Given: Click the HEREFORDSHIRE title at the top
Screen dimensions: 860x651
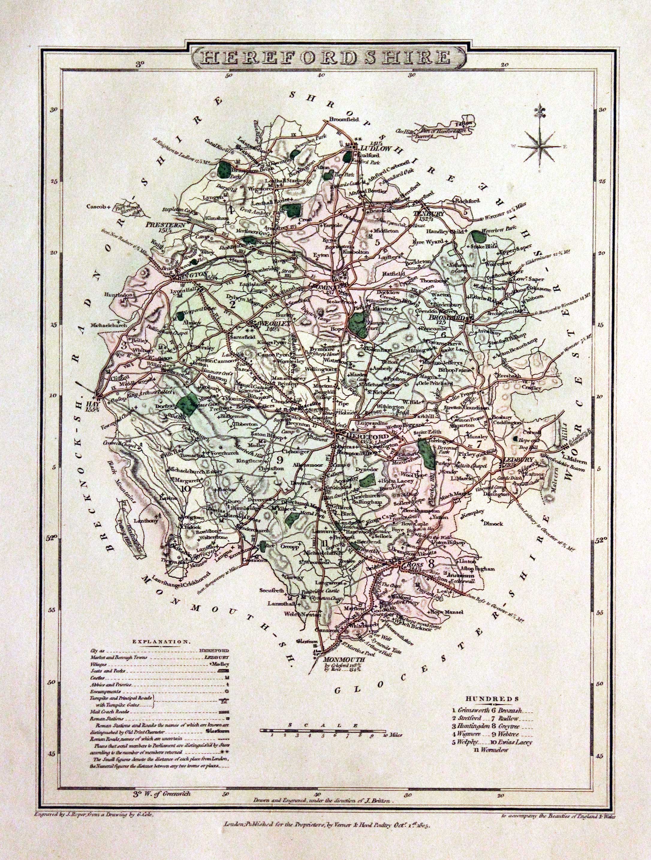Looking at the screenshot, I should (x=325, y=58).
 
